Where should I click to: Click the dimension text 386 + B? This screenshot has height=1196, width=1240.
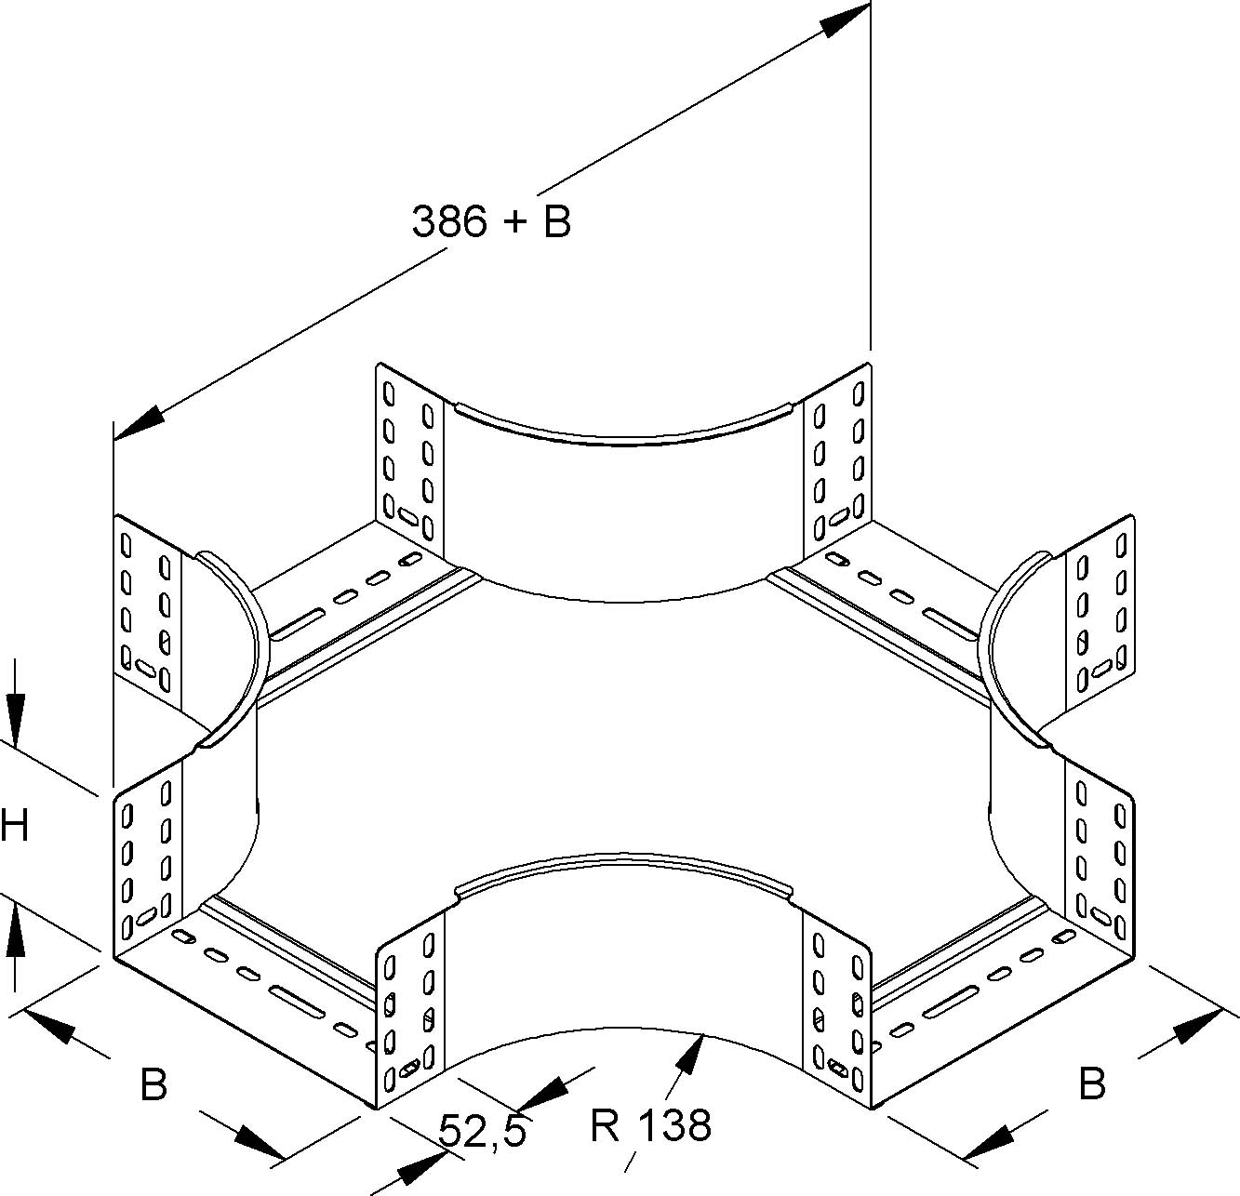tap(491, 222)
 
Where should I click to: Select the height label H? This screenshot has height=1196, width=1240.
tap(14, 825)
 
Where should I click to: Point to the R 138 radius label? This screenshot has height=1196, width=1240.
tap(650, 1124)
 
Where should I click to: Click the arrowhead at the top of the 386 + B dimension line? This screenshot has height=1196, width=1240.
tap(846, 21)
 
